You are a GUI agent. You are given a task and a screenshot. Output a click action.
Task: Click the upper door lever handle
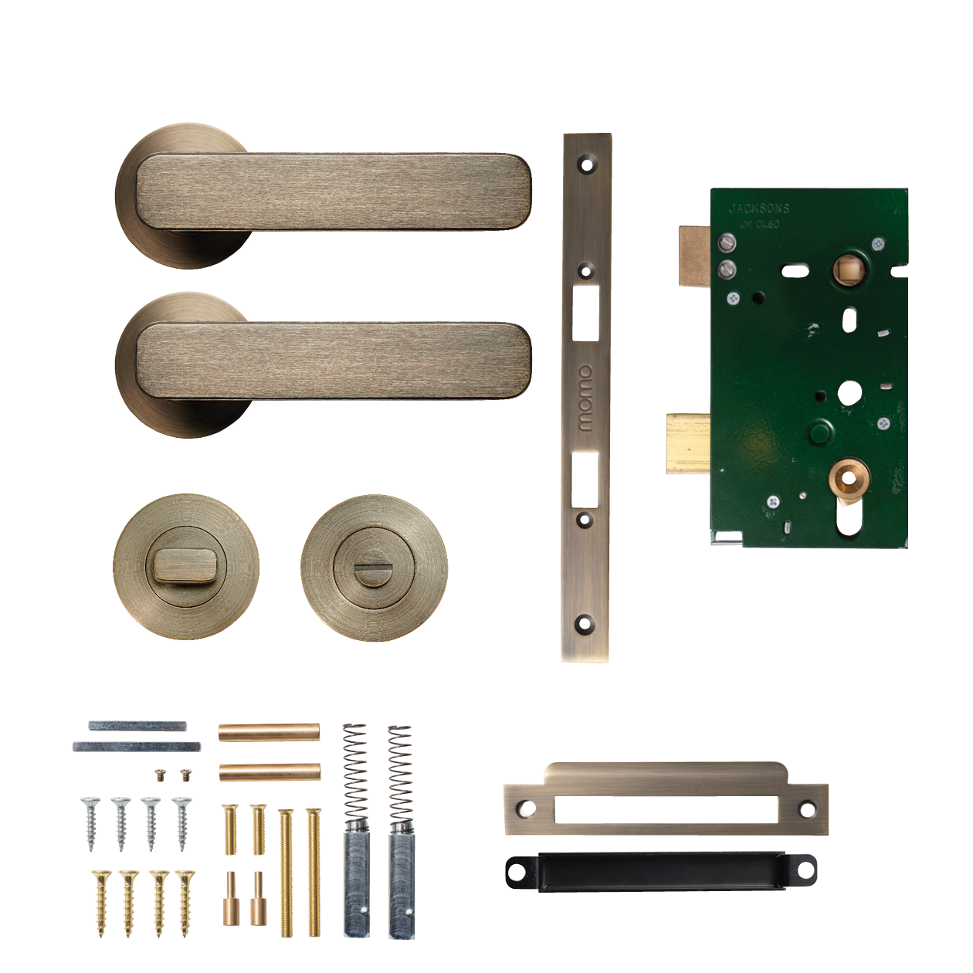coord(332,192)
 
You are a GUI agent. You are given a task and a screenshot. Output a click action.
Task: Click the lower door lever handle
coord(332,361)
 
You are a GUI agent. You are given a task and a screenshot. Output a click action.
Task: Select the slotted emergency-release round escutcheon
coord(374,568)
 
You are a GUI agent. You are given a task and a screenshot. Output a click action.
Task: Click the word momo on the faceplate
coord(585,398)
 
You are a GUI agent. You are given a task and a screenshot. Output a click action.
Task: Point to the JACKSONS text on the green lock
coord(759,208)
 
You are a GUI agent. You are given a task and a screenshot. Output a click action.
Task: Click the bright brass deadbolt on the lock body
coord(688,442)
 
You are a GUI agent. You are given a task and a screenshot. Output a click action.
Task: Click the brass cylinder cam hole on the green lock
coord(849,479)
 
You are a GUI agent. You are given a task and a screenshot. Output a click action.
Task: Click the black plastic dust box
coord(660,871)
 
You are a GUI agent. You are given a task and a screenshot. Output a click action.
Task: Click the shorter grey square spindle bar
coord(137,726)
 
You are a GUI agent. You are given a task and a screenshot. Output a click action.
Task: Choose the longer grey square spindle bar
coord(137,747)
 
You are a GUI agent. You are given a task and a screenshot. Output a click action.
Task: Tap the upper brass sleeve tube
coord(269,731)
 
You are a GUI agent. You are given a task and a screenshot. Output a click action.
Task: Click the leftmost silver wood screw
coord(91,823)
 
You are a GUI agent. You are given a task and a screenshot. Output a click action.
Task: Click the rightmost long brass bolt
coord(314,873)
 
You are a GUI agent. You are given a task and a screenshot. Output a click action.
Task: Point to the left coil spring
coord(354,771)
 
